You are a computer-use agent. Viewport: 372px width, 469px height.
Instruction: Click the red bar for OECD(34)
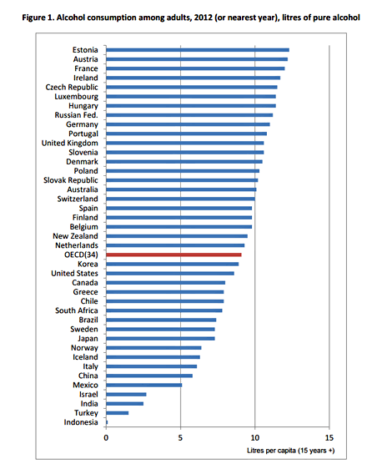pos(173,255)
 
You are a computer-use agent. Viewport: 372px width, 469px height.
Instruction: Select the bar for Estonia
pos(198,50)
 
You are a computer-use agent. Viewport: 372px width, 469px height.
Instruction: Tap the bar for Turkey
pos(118,413)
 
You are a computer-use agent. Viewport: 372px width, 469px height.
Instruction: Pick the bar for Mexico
pos(143,385)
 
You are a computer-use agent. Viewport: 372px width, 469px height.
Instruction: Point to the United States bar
pos(170,274)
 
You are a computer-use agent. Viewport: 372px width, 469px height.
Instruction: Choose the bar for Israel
pos(126,395)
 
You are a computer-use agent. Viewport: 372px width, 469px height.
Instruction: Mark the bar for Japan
pos(160,339)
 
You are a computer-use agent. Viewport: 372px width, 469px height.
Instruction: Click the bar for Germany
pos(188,124)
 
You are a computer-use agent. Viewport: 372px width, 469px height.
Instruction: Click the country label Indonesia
pos(81,422)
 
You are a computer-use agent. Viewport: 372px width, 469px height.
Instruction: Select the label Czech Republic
pos(72,88)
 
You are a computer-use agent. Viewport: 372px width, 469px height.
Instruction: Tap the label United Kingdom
pos(70,144)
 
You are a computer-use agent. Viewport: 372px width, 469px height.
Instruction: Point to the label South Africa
pos(77,310)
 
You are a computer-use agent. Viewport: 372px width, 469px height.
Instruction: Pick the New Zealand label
pos(75,236)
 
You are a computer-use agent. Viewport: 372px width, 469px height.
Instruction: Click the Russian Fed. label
pos(76,115)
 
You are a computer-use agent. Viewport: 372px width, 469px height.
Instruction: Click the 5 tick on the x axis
pos(180,438)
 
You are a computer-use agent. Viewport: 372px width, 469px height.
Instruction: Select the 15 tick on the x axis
pos(329,438)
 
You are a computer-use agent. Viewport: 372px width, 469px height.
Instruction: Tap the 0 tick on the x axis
pos(106,438)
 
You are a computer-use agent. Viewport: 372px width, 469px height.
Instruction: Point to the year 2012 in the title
pos(203,18)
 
